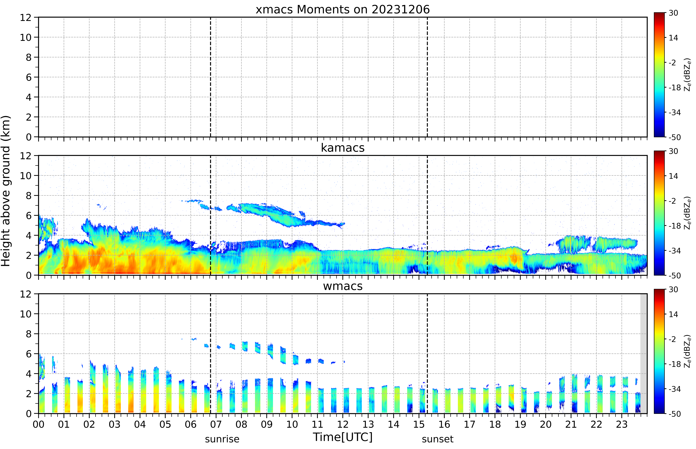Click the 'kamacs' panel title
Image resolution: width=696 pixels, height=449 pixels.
click(x=343, y=148)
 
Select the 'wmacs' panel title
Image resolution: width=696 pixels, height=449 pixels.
click(x=343, y=286)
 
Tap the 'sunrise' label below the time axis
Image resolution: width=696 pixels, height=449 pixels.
click(x=222, y=439)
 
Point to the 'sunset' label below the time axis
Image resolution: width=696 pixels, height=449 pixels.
click(x=438, y=439)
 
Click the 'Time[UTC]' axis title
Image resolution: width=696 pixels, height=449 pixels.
click(x=343, y=437)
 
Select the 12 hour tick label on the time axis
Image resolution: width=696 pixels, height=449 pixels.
click(x=343, y=424)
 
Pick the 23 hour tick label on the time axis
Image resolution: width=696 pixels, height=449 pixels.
click(x=622, y=424)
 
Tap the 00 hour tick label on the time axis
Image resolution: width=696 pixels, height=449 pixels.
click(x=38, y=424)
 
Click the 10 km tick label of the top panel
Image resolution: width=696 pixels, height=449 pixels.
click(x=26, y=37)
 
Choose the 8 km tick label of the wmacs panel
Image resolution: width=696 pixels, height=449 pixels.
click(x=29, y=334)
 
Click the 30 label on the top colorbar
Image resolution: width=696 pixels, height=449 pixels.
click(x=673, y=13)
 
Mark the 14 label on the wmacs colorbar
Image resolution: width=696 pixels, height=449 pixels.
click(x=673, y=314)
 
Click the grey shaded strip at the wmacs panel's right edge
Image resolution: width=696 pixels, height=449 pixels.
click(x=644, y=353)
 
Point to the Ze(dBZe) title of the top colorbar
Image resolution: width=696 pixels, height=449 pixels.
click(x=688, y=75)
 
